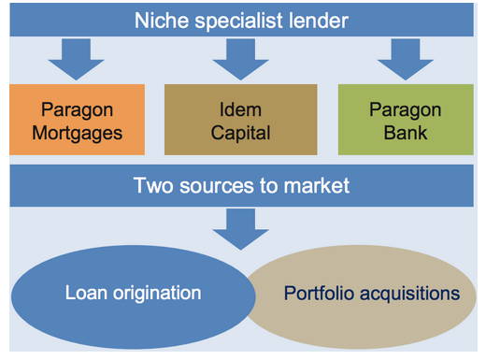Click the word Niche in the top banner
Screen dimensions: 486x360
pos(162,21)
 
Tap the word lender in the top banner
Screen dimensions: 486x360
pos(319,21)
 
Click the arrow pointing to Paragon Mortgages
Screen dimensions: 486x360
pos(76,59)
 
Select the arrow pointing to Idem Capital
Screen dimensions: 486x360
pos(240,59)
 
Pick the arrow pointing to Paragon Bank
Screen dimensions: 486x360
pos(406,59)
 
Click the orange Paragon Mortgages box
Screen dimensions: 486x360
pos(77,120)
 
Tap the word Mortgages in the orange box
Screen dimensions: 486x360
pos(77,134)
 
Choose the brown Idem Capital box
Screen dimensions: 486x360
pos(241,120)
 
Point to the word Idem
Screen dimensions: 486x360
pos(240,109)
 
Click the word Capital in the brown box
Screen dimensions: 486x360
pos(240,134)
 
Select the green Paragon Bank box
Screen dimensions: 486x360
pos(406,120)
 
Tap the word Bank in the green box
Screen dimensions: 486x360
pos(406,133)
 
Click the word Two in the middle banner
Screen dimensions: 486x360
pos(153,186)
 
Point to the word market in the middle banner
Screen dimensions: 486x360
pos(317,186)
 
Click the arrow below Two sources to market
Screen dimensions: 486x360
pos(240,229)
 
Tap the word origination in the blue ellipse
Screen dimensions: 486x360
pos(157,294)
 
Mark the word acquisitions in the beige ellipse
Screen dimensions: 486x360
pos(410,295)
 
